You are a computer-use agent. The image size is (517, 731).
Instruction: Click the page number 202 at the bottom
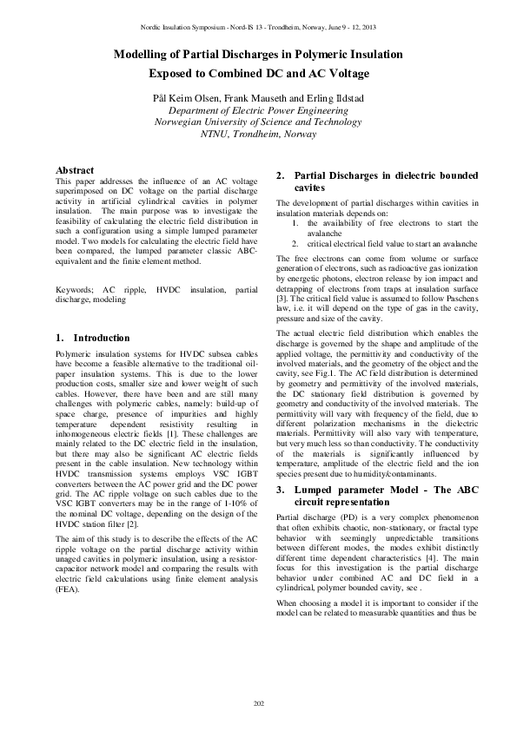[x=258, y=701]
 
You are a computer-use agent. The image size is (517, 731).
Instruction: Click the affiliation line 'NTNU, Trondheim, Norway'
[x=258, y=135]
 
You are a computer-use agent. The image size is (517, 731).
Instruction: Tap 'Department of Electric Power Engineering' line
[x=258, y=112]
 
